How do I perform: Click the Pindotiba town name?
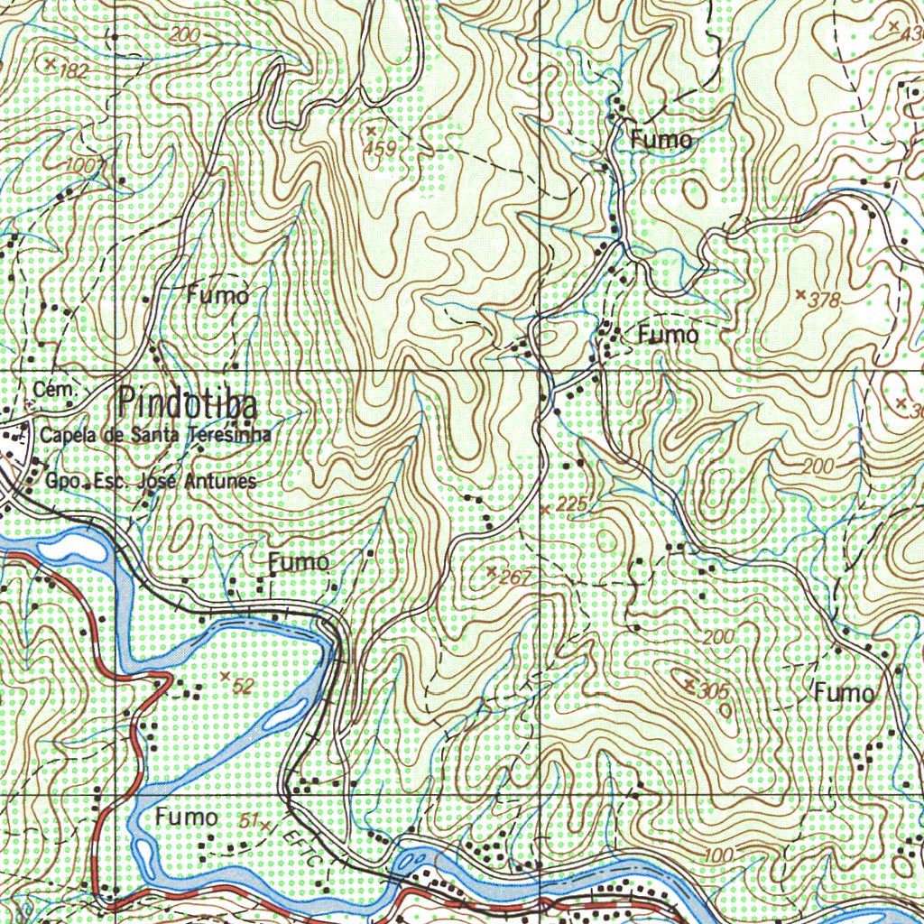pos(188,403)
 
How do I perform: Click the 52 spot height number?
pos(242,686)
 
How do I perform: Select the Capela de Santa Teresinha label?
pos(155,435)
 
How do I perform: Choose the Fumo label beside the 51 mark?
pos(187,818)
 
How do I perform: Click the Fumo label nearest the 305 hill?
pos(845,693)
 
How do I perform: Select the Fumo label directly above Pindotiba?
pos(217,294)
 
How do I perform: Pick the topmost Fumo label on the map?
pos(661,140)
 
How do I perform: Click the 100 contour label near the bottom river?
pos(717,855)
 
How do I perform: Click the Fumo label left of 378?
pos(668,335)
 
